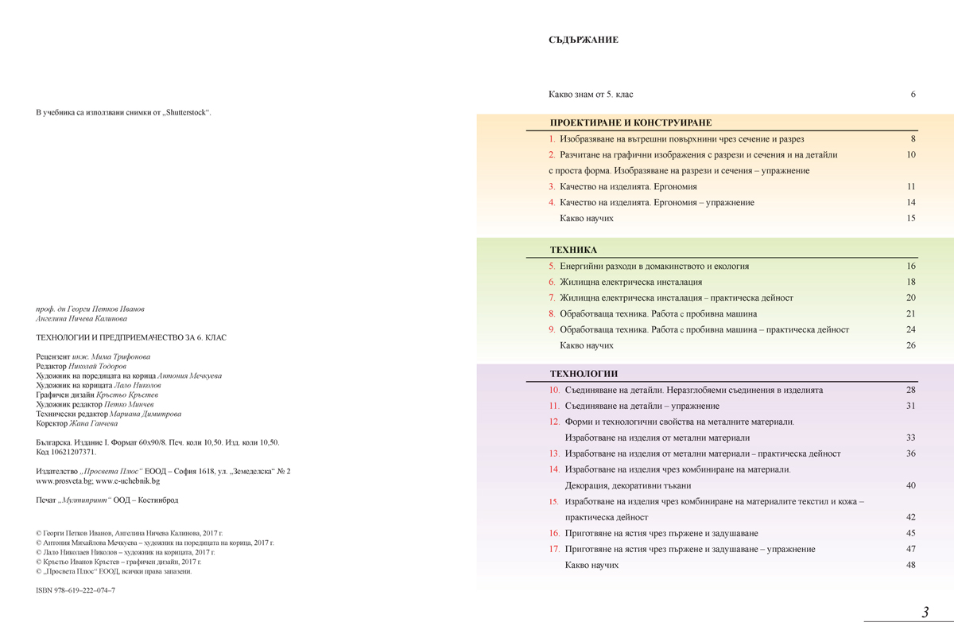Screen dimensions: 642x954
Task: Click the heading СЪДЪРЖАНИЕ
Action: click(x=583, y=40)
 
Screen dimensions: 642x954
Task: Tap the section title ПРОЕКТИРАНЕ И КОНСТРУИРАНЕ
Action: click(x=630, y=123)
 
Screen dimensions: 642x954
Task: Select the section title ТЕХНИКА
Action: click(x=573, y=250)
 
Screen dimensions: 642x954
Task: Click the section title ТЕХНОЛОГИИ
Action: click(x=584, y=374)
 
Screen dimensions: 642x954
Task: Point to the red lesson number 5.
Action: click(x=552, y=267)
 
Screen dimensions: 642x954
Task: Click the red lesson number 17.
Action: click(x=554, y=549)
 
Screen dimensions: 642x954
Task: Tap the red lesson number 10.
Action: click(x=554, y=391)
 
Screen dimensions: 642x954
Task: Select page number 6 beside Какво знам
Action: click(x=913, y=95)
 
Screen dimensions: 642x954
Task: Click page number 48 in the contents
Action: click(x=911, y=565)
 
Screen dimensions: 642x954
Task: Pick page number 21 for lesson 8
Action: click(x=911, y=314)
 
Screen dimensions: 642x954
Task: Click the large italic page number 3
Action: click(x=925, y=613)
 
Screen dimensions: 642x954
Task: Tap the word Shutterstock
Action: click(x=188, y=112)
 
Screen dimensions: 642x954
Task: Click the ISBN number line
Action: click(x=76, y=592)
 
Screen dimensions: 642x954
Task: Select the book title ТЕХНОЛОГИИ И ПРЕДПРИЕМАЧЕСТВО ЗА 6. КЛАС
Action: click(x=131, y=337)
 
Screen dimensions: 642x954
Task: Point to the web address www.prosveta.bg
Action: click(x=64, y=481)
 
